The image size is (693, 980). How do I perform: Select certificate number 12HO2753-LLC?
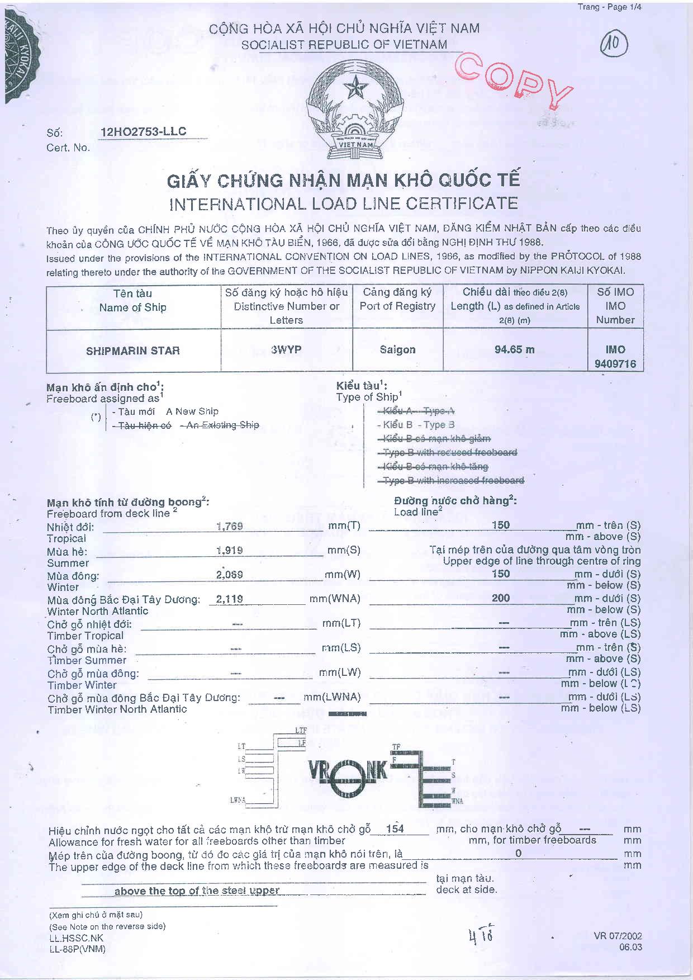coord(144,132)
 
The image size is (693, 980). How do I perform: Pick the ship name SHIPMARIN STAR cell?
coord(133,351)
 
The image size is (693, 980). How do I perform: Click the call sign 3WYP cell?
coord(286,350)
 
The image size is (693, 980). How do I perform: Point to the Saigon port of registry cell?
coord(397,350)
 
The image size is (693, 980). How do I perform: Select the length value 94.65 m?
coord(514,350)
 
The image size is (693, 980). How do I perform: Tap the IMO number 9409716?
coord(615,364)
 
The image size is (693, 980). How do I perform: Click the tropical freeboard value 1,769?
coord(229,526)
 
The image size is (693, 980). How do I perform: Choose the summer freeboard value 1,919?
coord(229,551)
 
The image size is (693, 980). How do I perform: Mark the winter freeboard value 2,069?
coord(229,575)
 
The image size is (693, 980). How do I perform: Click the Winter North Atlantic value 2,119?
coord(229,599)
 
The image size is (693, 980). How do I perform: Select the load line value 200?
coord(501,598)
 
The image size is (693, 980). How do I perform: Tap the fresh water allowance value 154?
coord(395,829)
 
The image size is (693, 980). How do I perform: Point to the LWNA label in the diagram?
coord(238,800)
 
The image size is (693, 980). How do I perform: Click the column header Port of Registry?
coord(397,306)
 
